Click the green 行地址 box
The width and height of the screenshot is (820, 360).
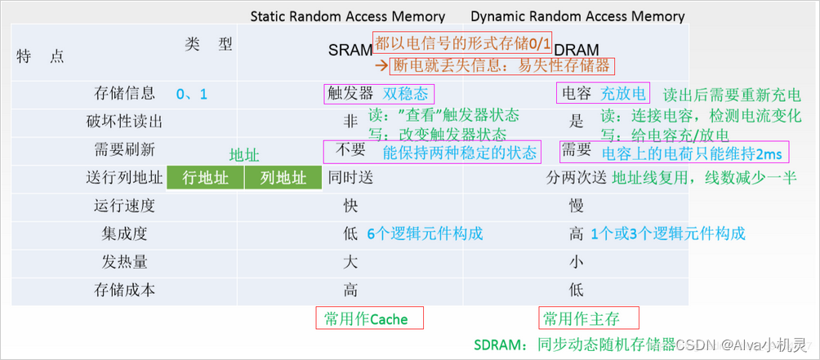pyautogui.click(x=205, y=178)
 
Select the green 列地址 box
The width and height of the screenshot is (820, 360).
pyautogui.click(x=283, y=178)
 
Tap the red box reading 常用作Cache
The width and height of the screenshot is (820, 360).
pyautogui.click(x=369, y=318)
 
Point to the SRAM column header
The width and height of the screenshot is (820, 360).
pyautogui.click(x=350, y=50)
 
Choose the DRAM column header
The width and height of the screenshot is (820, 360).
pyautogui.click(x=576, y=50)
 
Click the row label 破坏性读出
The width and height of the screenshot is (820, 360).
pyautogui.click(x=124, y=122)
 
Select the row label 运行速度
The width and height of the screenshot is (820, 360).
pyautogui.click(x=124, y=206)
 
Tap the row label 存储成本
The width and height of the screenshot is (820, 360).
pyautogui.click(x=124, y=290)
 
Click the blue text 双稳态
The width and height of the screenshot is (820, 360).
pyautogui.click(x=405, y=94)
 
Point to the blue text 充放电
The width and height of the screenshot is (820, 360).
pyautogui.click(x=622, y=94)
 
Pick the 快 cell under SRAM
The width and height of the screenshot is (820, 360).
pyautogui.click(x=350, y=206)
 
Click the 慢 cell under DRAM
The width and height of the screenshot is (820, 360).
pyautogui.click(x=576, y=206)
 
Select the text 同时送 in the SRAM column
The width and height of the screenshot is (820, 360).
pyautogui.click(x=350, y=178)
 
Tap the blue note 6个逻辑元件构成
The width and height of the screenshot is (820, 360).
pyautogui.click(x=425, y=233)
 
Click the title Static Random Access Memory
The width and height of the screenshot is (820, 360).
pyautogui.click(x=348, y=16)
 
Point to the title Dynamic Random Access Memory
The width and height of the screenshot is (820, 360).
pyautogui.click(x=577, y=16)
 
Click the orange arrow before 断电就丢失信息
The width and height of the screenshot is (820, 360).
pyautogui.click(x=382, y=66)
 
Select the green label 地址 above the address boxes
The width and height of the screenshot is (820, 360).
pyautogui.click(x=245, y=155)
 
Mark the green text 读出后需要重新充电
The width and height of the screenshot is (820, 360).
pyautogui.click(x=732, y=95)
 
